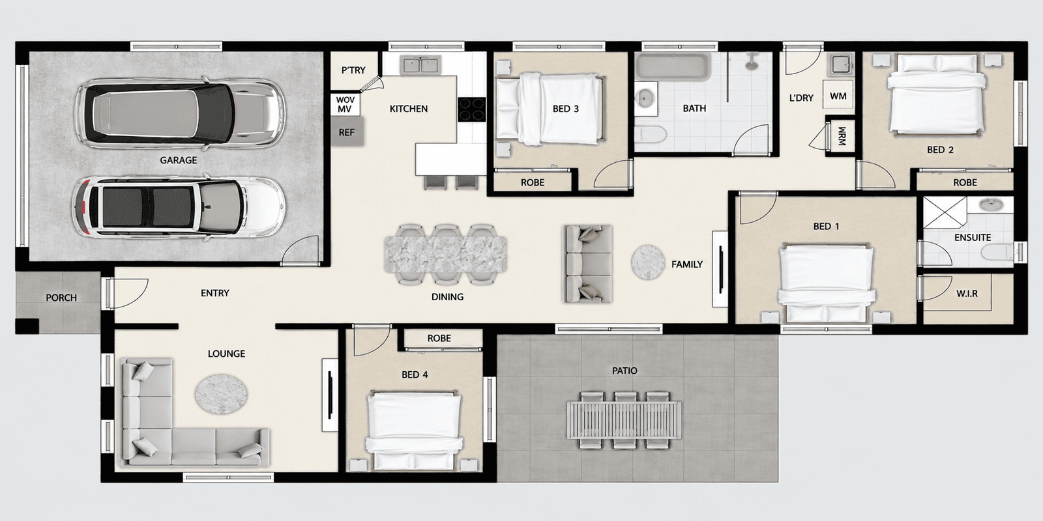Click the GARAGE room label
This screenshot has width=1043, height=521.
(x=179, y=160)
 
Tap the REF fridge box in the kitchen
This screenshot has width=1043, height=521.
(x=347, y=132)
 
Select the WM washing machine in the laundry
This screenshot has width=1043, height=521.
(x=838, y=95)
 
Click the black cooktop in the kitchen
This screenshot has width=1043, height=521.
(x=472, y=110)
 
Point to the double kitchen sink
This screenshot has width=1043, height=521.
(x=420, y=65)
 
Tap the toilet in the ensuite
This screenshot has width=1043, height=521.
(x=998, y=253)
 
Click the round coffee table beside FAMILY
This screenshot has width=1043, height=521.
(x=648, y=262)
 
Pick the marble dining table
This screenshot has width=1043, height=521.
(x=446, y=255)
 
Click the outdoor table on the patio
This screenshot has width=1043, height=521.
(x=624, y=420)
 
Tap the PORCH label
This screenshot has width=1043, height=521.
(x=61, y=298)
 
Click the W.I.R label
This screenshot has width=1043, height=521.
(x=967, y=294)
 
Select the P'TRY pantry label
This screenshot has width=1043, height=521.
(x=353, y=70)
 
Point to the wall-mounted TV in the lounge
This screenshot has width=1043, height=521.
(x=330, y=395)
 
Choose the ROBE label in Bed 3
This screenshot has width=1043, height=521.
(x=532, y=182)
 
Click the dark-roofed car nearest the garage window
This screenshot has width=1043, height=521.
(x=179, y=113)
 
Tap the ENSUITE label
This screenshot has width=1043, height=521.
(x=973, y=238)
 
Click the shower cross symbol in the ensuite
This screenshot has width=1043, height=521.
(x=945, y=212)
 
